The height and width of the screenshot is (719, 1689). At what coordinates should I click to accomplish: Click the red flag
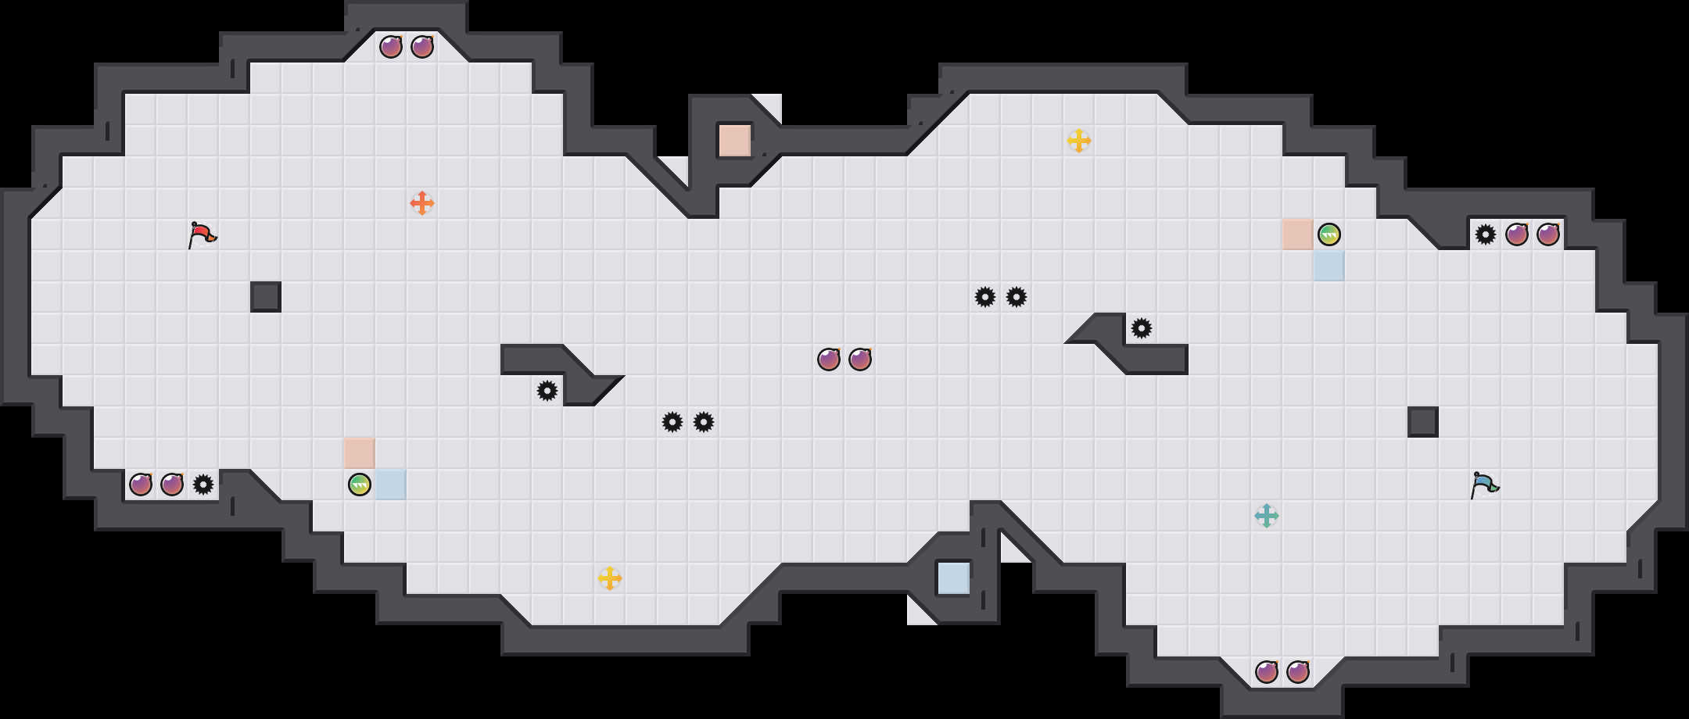point(202,234)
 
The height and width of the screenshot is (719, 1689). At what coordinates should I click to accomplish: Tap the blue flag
point(1484,485)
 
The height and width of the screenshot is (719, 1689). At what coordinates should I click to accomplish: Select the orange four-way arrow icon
point(422,203)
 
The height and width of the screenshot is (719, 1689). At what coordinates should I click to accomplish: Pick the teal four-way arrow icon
point(1267,516)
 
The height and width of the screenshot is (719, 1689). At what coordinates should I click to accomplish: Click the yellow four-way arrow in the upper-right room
point(1079,141)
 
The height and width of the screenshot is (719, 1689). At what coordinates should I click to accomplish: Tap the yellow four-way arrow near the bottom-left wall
point(610,578)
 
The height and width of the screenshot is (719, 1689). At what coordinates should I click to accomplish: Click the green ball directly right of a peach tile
point(1329,234)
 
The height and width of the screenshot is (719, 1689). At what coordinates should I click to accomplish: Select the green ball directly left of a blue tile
point(360,485)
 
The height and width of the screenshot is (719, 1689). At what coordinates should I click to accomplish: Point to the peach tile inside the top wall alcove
point(735,141)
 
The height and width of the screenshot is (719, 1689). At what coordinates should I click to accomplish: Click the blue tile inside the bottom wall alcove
point(954,578)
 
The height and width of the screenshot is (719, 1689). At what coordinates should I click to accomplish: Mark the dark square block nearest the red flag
point(266,297)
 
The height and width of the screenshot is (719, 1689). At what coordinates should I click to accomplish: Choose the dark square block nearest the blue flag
point(1423,422)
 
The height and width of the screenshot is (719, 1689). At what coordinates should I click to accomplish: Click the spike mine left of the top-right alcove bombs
point(1486,234)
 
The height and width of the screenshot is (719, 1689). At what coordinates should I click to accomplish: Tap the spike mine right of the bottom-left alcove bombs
point(203,485)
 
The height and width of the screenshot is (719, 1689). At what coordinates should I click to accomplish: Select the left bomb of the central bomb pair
point(829,359)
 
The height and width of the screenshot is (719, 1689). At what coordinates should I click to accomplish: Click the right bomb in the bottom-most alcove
point(1298,672)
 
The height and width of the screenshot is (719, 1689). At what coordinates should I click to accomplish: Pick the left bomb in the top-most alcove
point(391,47)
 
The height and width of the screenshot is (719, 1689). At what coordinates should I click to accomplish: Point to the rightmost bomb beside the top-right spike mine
point(1548,234)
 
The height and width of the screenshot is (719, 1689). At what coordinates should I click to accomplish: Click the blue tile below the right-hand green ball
point(1329,266)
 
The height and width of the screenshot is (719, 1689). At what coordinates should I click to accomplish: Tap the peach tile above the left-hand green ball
point(360,453)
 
